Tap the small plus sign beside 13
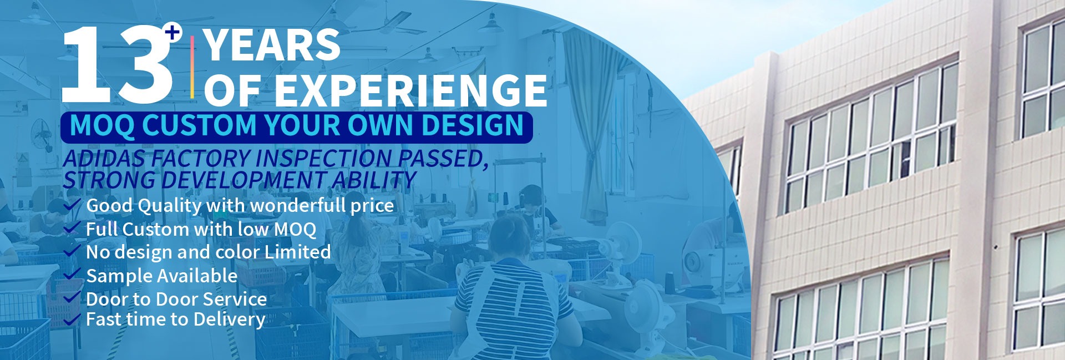(x=174, y=33)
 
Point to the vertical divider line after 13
(x=192, y=67)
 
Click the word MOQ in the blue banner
(x=102, y=125)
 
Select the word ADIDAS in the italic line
(x=104, y=159)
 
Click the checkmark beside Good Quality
(x=72, y=206)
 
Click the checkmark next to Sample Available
(x=72, y=275)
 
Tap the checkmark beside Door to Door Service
(x=72, y=298)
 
